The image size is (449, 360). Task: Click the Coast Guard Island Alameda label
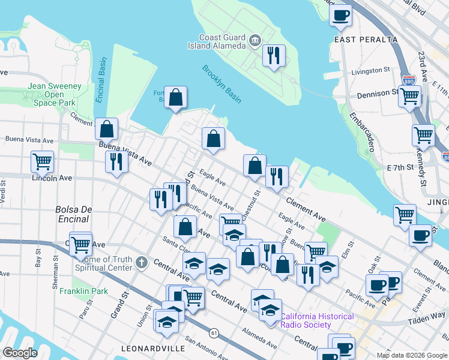click(222, 41)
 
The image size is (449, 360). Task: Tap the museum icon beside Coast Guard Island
click(256, 41)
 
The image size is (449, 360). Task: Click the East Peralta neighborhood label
click(366, 40)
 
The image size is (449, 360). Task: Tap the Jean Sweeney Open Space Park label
click(54, 95)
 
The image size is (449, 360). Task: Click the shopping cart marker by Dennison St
click(410, 96)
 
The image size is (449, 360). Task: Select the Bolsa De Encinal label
click(73, 214)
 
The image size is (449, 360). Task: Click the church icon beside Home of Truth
click(140, 262)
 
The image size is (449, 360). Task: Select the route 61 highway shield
click(214, 332)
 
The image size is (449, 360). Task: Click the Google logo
click(20, 353)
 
